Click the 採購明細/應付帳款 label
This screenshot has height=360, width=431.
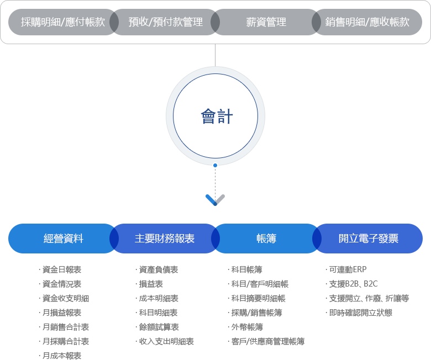click(62, 22)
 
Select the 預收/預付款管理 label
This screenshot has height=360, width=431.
click(165, 22)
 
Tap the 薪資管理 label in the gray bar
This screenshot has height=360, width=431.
click(266, 22)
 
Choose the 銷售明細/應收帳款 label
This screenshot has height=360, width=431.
click(367, 22)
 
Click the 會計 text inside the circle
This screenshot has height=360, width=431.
click(216, 117)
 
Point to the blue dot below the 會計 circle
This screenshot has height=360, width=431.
click(215, 165)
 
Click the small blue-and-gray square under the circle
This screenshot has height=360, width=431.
click(215, 200)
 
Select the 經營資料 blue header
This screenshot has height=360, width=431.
click(63, 239)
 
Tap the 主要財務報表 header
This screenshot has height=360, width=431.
click(164, 239)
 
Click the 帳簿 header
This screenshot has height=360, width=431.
click(266, 239)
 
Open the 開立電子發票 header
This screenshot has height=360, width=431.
click(368, 239)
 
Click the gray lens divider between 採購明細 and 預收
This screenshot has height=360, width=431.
click(114, 22)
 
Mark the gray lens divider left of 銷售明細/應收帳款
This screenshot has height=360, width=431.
click(316, 22)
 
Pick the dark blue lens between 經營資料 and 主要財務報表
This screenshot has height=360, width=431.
click(114, 239)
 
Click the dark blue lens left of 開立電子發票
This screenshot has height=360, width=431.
click(317, 239)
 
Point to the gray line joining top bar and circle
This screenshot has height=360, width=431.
click(215, 55)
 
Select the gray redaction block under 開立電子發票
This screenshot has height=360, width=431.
click(367, 291)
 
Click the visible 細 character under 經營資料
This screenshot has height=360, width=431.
click(85, 299)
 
